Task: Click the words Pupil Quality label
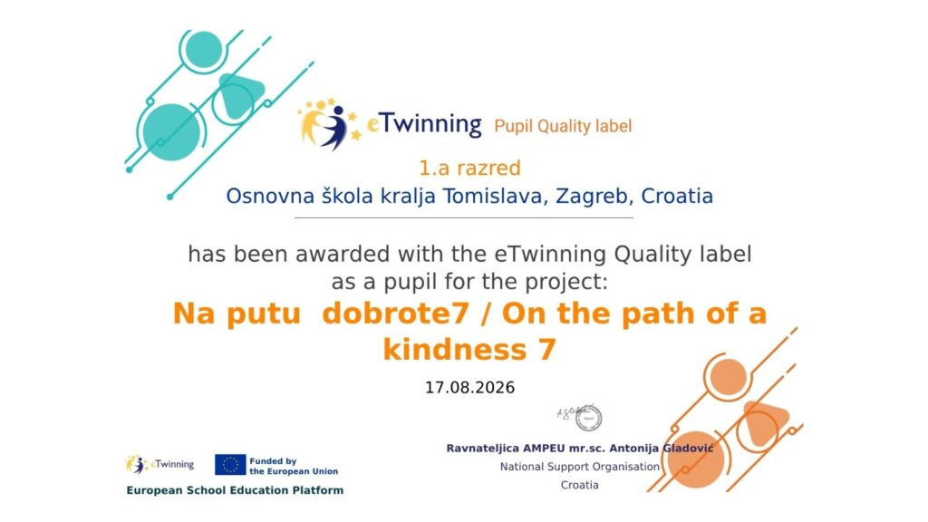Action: (563, 126)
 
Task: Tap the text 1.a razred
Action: (470, 168)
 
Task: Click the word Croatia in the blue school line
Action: (677, 196)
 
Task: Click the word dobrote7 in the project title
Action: (395, 314)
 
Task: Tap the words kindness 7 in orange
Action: (469, 349)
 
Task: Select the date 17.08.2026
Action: (470, 388)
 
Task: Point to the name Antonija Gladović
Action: (661, 448)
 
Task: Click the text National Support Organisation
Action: (579, 467)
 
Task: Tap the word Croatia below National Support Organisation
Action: (579, 485)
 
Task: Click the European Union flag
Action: (230, 465)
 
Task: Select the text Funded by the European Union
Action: (294, 466)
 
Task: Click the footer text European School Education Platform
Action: (235, 490)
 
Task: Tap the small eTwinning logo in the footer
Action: (159, 465)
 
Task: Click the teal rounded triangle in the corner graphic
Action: (239, 94)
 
